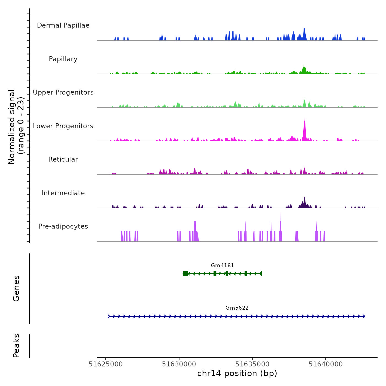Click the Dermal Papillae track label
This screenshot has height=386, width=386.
(63, 25)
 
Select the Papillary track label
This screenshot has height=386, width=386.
(63, 59)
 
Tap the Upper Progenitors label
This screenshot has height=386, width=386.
(63, 92)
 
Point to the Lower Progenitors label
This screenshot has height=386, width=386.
(63, 126)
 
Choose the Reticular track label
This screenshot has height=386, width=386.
(63, 159)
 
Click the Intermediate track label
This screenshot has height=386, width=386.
(63, 193)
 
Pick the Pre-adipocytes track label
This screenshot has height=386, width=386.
(63, 226)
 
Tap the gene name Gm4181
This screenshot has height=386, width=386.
(222, 266)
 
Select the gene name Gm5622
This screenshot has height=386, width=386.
(237, 308)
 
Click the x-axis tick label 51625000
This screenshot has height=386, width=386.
(106, 364)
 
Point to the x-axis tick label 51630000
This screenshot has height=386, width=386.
(179, 364)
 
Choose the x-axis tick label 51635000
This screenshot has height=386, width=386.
(252, 364)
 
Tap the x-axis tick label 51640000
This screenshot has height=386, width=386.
(326, 364)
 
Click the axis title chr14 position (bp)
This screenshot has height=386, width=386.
(237, 373)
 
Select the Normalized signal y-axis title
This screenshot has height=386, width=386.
(16, 127)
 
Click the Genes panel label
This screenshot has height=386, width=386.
(16, 288)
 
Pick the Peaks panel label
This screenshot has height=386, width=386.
(16, 346)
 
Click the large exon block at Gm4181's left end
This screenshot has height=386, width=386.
(186, 274)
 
